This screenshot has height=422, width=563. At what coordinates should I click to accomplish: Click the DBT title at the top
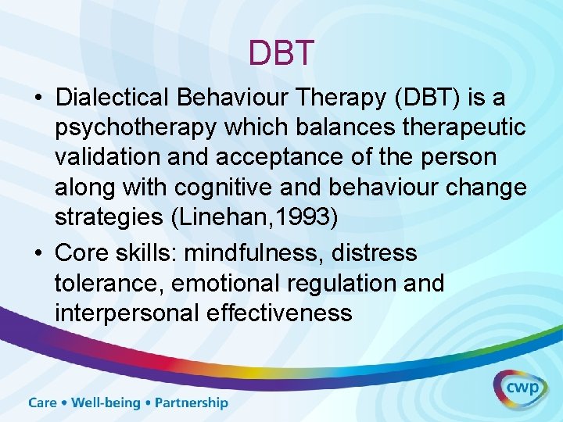point(281,53)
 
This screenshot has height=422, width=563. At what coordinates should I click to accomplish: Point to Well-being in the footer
point(106,403)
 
